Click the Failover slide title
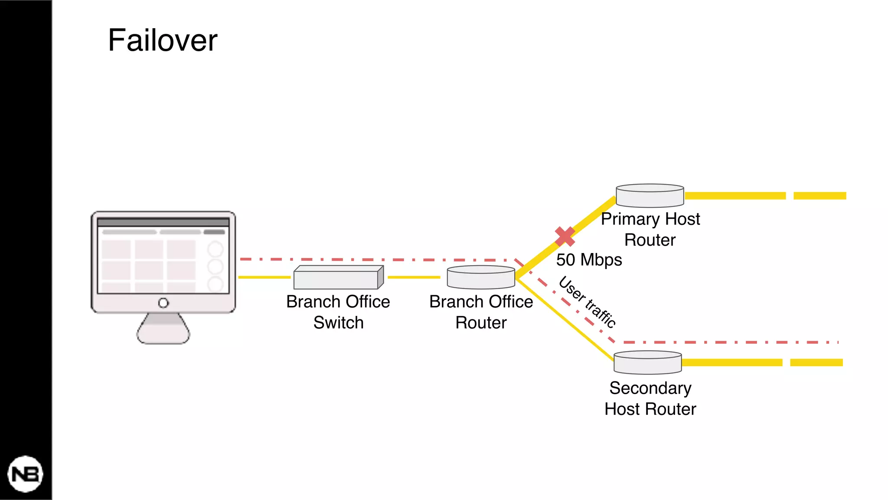163,40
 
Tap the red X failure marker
565,237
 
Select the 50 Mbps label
589,260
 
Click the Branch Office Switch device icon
338,278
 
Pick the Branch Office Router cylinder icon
481,277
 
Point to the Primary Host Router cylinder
650,196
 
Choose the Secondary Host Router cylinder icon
647,362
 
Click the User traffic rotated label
588,302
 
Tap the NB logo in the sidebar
25,474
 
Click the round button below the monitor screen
163,303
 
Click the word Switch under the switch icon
338,323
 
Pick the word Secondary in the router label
650,388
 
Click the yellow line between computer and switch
264,277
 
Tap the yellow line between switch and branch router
414,277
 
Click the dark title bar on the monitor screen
163,223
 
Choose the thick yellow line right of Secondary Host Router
733,362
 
